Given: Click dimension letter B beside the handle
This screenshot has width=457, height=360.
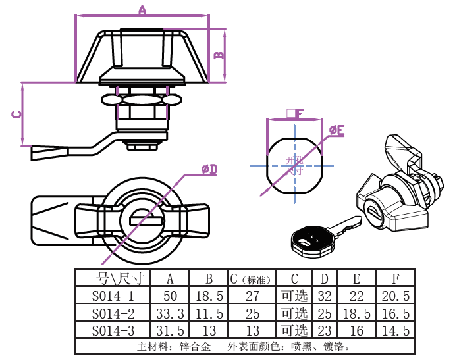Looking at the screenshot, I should pos(219,55).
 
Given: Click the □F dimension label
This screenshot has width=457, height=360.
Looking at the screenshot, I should pos(294,113).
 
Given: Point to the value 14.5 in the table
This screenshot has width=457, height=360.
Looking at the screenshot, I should pos(396,330).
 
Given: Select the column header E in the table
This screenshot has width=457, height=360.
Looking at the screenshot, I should pos(356,278).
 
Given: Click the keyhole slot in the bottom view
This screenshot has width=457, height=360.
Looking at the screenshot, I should pos(144,215).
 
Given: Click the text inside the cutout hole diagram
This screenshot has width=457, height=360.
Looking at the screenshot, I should pos(294,164).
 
